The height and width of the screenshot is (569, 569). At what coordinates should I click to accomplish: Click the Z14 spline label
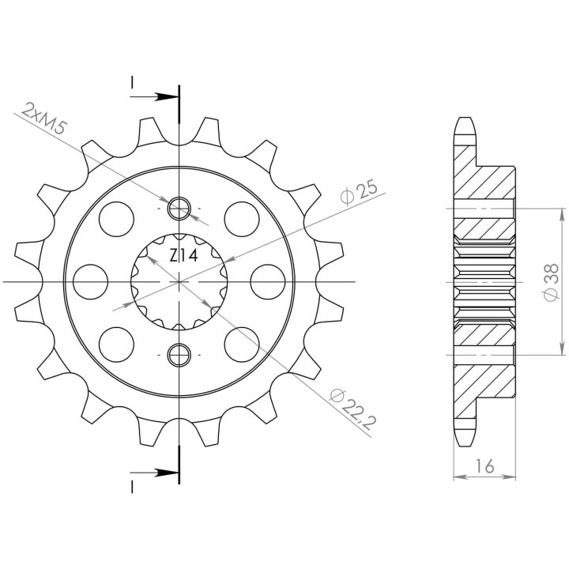pyautogui.click(x=183, y=256)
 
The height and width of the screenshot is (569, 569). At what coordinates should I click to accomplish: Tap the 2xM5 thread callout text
pyautogui.click(x=44, y=119)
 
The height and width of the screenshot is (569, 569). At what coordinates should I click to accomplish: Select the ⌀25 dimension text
pyautogui.click(x=359, y=191)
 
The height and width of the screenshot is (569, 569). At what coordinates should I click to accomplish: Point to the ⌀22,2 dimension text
pyautogui.click(x=352, y=409)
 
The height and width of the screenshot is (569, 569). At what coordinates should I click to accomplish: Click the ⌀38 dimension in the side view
pyautogui.click(x=551, y=282)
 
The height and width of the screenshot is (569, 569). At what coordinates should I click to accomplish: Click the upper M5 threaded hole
pyautogui.click(x=179, y=209)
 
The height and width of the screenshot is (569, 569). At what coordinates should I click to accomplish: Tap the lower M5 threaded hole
pyautogui.click(x=179, y=354)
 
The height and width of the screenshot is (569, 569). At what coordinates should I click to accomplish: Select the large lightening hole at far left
pyautogui.click(x=90, y=281)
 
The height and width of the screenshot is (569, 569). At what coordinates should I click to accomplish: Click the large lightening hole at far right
pyautogui.click(x=268, y=281)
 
